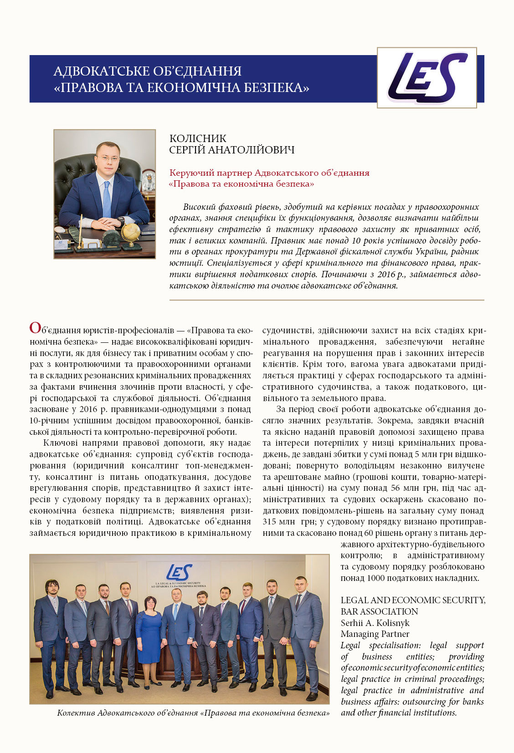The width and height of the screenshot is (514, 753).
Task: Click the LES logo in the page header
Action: click(427, 77)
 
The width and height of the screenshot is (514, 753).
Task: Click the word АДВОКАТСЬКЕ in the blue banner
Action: click(101, 71)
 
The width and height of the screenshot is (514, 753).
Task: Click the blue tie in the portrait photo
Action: click(107, 198)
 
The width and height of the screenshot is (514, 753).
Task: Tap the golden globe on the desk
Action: click(131, 231)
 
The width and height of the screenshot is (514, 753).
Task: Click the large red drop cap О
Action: click(35, 328)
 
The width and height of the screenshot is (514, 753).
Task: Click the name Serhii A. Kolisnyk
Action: click(375, 623)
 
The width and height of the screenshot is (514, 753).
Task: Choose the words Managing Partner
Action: click(375, 634)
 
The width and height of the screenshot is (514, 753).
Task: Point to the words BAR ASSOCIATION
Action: click(379, 611)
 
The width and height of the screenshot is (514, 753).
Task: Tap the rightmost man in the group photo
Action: click(304, 637)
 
